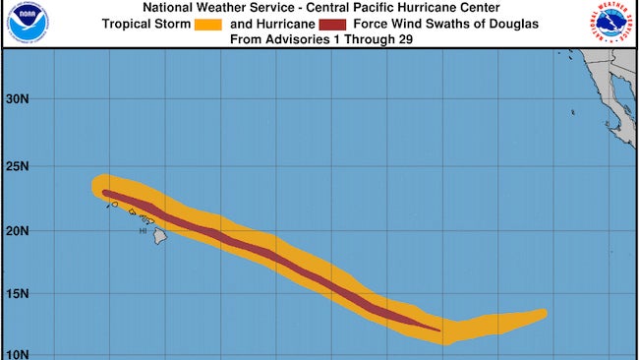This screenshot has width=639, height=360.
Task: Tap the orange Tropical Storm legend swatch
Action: coord(215,25)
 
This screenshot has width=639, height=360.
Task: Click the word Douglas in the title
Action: coord(513,25)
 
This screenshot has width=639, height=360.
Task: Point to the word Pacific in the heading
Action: coord(381,9)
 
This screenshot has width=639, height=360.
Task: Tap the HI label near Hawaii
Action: coord(143,231)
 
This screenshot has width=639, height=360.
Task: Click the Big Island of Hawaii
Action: coord(159,237)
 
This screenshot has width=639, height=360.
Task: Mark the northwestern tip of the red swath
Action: coord(103,192)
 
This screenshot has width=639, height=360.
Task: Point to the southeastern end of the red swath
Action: coord(438,330)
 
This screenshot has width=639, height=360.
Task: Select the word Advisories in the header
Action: coord(299,40)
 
